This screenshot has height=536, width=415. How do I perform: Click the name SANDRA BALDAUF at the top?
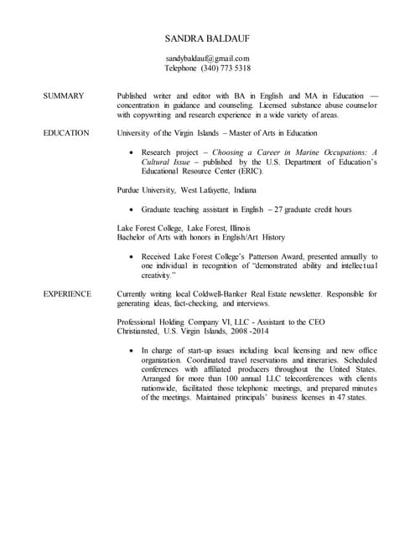pyautogui.click(x=207, y=39)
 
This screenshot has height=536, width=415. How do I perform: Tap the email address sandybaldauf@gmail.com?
pyautogui.click(x=207, y=57)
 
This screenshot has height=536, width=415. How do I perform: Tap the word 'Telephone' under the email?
pyautogui.click(x=181, y=68)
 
